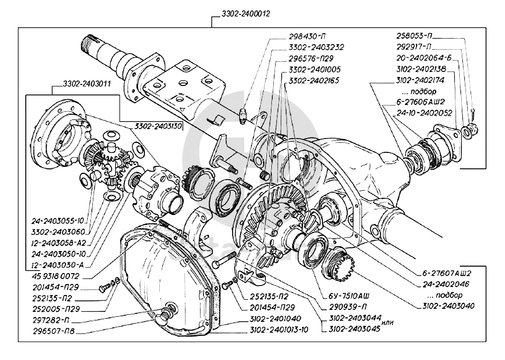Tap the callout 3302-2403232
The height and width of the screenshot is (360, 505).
pos(316,48)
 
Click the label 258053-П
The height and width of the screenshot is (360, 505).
pos(414,36)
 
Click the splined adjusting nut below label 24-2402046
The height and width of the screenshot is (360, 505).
pos(339,264)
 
